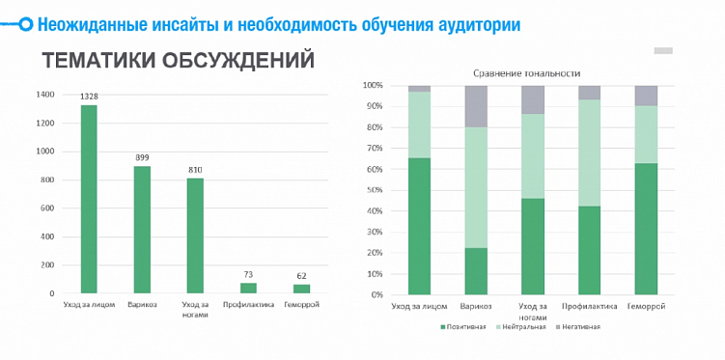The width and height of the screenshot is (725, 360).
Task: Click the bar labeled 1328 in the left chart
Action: click(89, 198)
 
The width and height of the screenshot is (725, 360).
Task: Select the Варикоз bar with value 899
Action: click(142, 229)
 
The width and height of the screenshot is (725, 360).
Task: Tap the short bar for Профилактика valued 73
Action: click(248, 288)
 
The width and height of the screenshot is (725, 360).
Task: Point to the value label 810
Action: click(195, 170)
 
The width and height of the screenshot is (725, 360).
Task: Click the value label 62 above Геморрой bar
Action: click(301, 276)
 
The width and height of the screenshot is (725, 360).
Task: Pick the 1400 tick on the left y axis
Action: click(45, 95)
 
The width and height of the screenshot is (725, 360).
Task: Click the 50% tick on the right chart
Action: click(373, 190)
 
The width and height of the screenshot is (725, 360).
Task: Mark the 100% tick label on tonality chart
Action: click(372, 85)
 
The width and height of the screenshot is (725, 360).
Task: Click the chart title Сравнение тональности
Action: click(526, 73)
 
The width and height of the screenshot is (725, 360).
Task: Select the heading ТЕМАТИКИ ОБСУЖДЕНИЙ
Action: click(179, 60)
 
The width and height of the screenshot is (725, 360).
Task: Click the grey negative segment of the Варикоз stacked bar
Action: click(476, 106)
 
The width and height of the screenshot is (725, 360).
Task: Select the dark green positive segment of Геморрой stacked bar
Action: click(646, 229)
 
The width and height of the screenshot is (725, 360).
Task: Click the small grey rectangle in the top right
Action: click(663, 50)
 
